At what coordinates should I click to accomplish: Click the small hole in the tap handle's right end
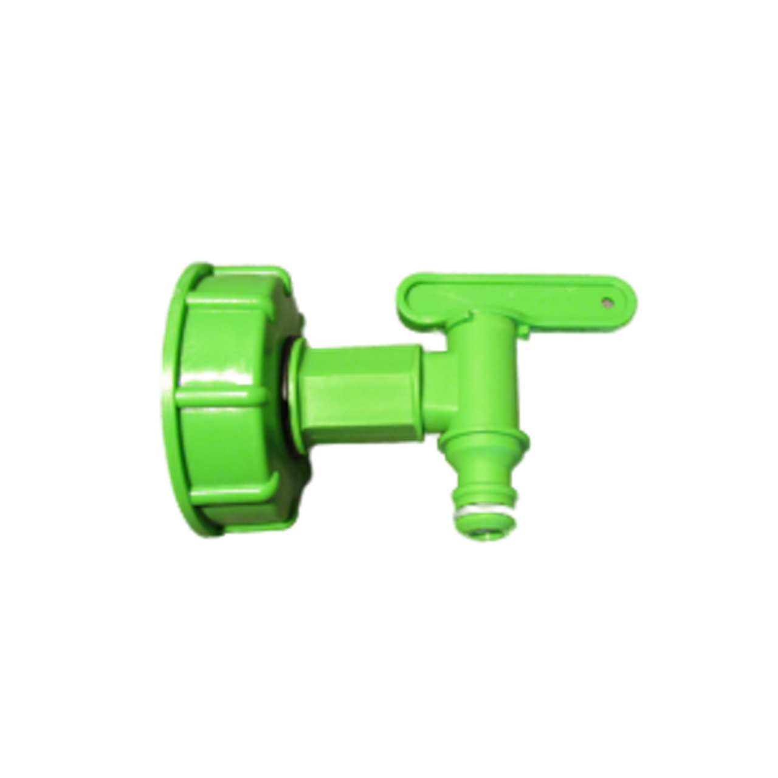(x=606, y=300)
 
